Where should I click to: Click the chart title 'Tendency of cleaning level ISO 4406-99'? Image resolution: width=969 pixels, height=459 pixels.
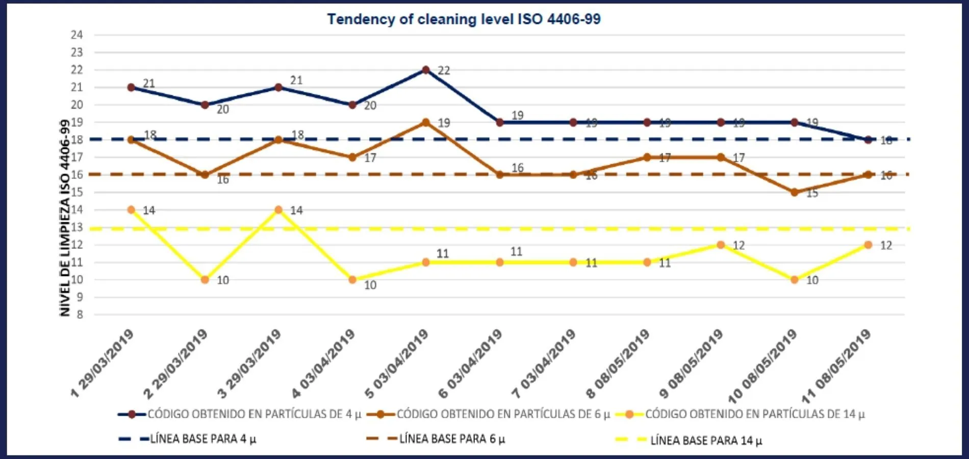pos(464,19)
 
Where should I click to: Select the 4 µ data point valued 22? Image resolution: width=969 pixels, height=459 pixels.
pos(426,70)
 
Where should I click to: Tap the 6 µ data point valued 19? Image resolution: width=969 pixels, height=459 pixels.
pos(426,122)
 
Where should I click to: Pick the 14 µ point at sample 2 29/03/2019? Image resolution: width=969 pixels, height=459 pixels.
pos(205,279)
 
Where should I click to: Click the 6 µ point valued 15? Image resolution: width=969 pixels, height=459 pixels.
pos(794,192)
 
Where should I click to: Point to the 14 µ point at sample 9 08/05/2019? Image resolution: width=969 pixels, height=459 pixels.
pos(721,245)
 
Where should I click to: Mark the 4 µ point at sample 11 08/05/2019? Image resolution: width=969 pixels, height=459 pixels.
pos(868,140)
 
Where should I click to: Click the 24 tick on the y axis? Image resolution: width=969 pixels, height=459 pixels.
pos(76,35)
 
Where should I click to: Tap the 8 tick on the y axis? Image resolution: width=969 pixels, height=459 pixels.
pos(80,315)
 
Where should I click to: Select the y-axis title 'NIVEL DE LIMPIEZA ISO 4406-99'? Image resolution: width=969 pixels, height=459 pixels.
pos(65,218)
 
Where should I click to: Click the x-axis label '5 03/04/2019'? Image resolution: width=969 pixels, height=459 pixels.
pos(397,363)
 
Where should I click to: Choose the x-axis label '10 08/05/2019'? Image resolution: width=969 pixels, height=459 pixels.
pos(762,366)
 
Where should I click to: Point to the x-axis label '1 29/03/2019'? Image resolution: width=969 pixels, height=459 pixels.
pos(102,363)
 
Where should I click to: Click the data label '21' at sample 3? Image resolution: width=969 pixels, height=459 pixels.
pos(296,80)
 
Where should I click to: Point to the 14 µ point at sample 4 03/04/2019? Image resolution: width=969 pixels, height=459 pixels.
pos(352,279)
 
